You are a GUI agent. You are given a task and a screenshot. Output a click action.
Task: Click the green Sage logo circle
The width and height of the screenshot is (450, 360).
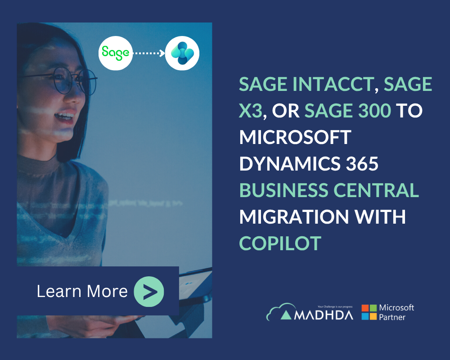click(x=115, y=53)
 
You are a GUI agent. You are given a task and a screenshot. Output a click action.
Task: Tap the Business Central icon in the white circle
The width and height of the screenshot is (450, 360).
click(x=182, y=53)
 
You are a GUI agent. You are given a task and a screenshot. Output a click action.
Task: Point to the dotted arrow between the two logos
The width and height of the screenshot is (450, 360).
click(x=148, y=53)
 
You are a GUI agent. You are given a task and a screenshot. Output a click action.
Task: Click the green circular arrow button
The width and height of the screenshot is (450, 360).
click(x=149, y=292)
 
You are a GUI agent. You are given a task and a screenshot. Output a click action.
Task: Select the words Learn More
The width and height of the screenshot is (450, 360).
click(x=82, y=292)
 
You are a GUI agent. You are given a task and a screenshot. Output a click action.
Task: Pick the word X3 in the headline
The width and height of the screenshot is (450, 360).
click(x=250, y=111)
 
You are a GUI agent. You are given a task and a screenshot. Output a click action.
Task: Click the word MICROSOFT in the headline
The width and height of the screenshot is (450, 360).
click(x=295, y=137)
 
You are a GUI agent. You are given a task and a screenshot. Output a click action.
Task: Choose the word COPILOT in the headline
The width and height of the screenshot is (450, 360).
click(x=280, y=243)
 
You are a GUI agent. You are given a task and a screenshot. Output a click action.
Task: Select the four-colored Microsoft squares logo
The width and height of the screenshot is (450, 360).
click(x=369, y=312)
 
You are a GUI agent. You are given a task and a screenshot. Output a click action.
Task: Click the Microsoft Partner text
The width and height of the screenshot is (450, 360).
click(x=396, y=312)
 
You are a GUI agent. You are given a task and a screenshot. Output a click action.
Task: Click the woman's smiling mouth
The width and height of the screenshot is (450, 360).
click(x=64, y=117)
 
